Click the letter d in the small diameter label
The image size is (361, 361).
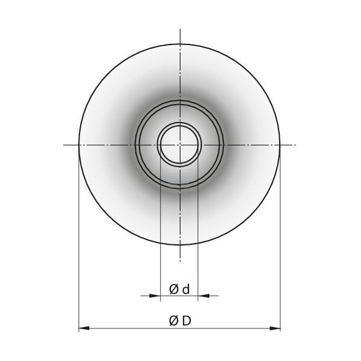click(x=186, y=289)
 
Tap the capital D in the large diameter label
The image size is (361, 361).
click(x=187, y=321)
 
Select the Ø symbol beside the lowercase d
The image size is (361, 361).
click(x=174, y=289)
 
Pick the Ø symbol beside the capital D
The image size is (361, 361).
click(x=174, y=321)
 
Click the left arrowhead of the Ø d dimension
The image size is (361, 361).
click(x=155, y=295)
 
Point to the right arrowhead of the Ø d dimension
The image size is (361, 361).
click(x=203, y=295)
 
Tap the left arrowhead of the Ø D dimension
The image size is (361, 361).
click(x=84, y=328)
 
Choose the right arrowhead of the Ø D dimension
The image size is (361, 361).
click(x=275, y=328)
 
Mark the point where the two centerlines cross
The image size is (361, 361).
click(x=180, y=145)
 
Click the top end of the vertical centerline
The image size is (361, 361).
click(x=180, y=29)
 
